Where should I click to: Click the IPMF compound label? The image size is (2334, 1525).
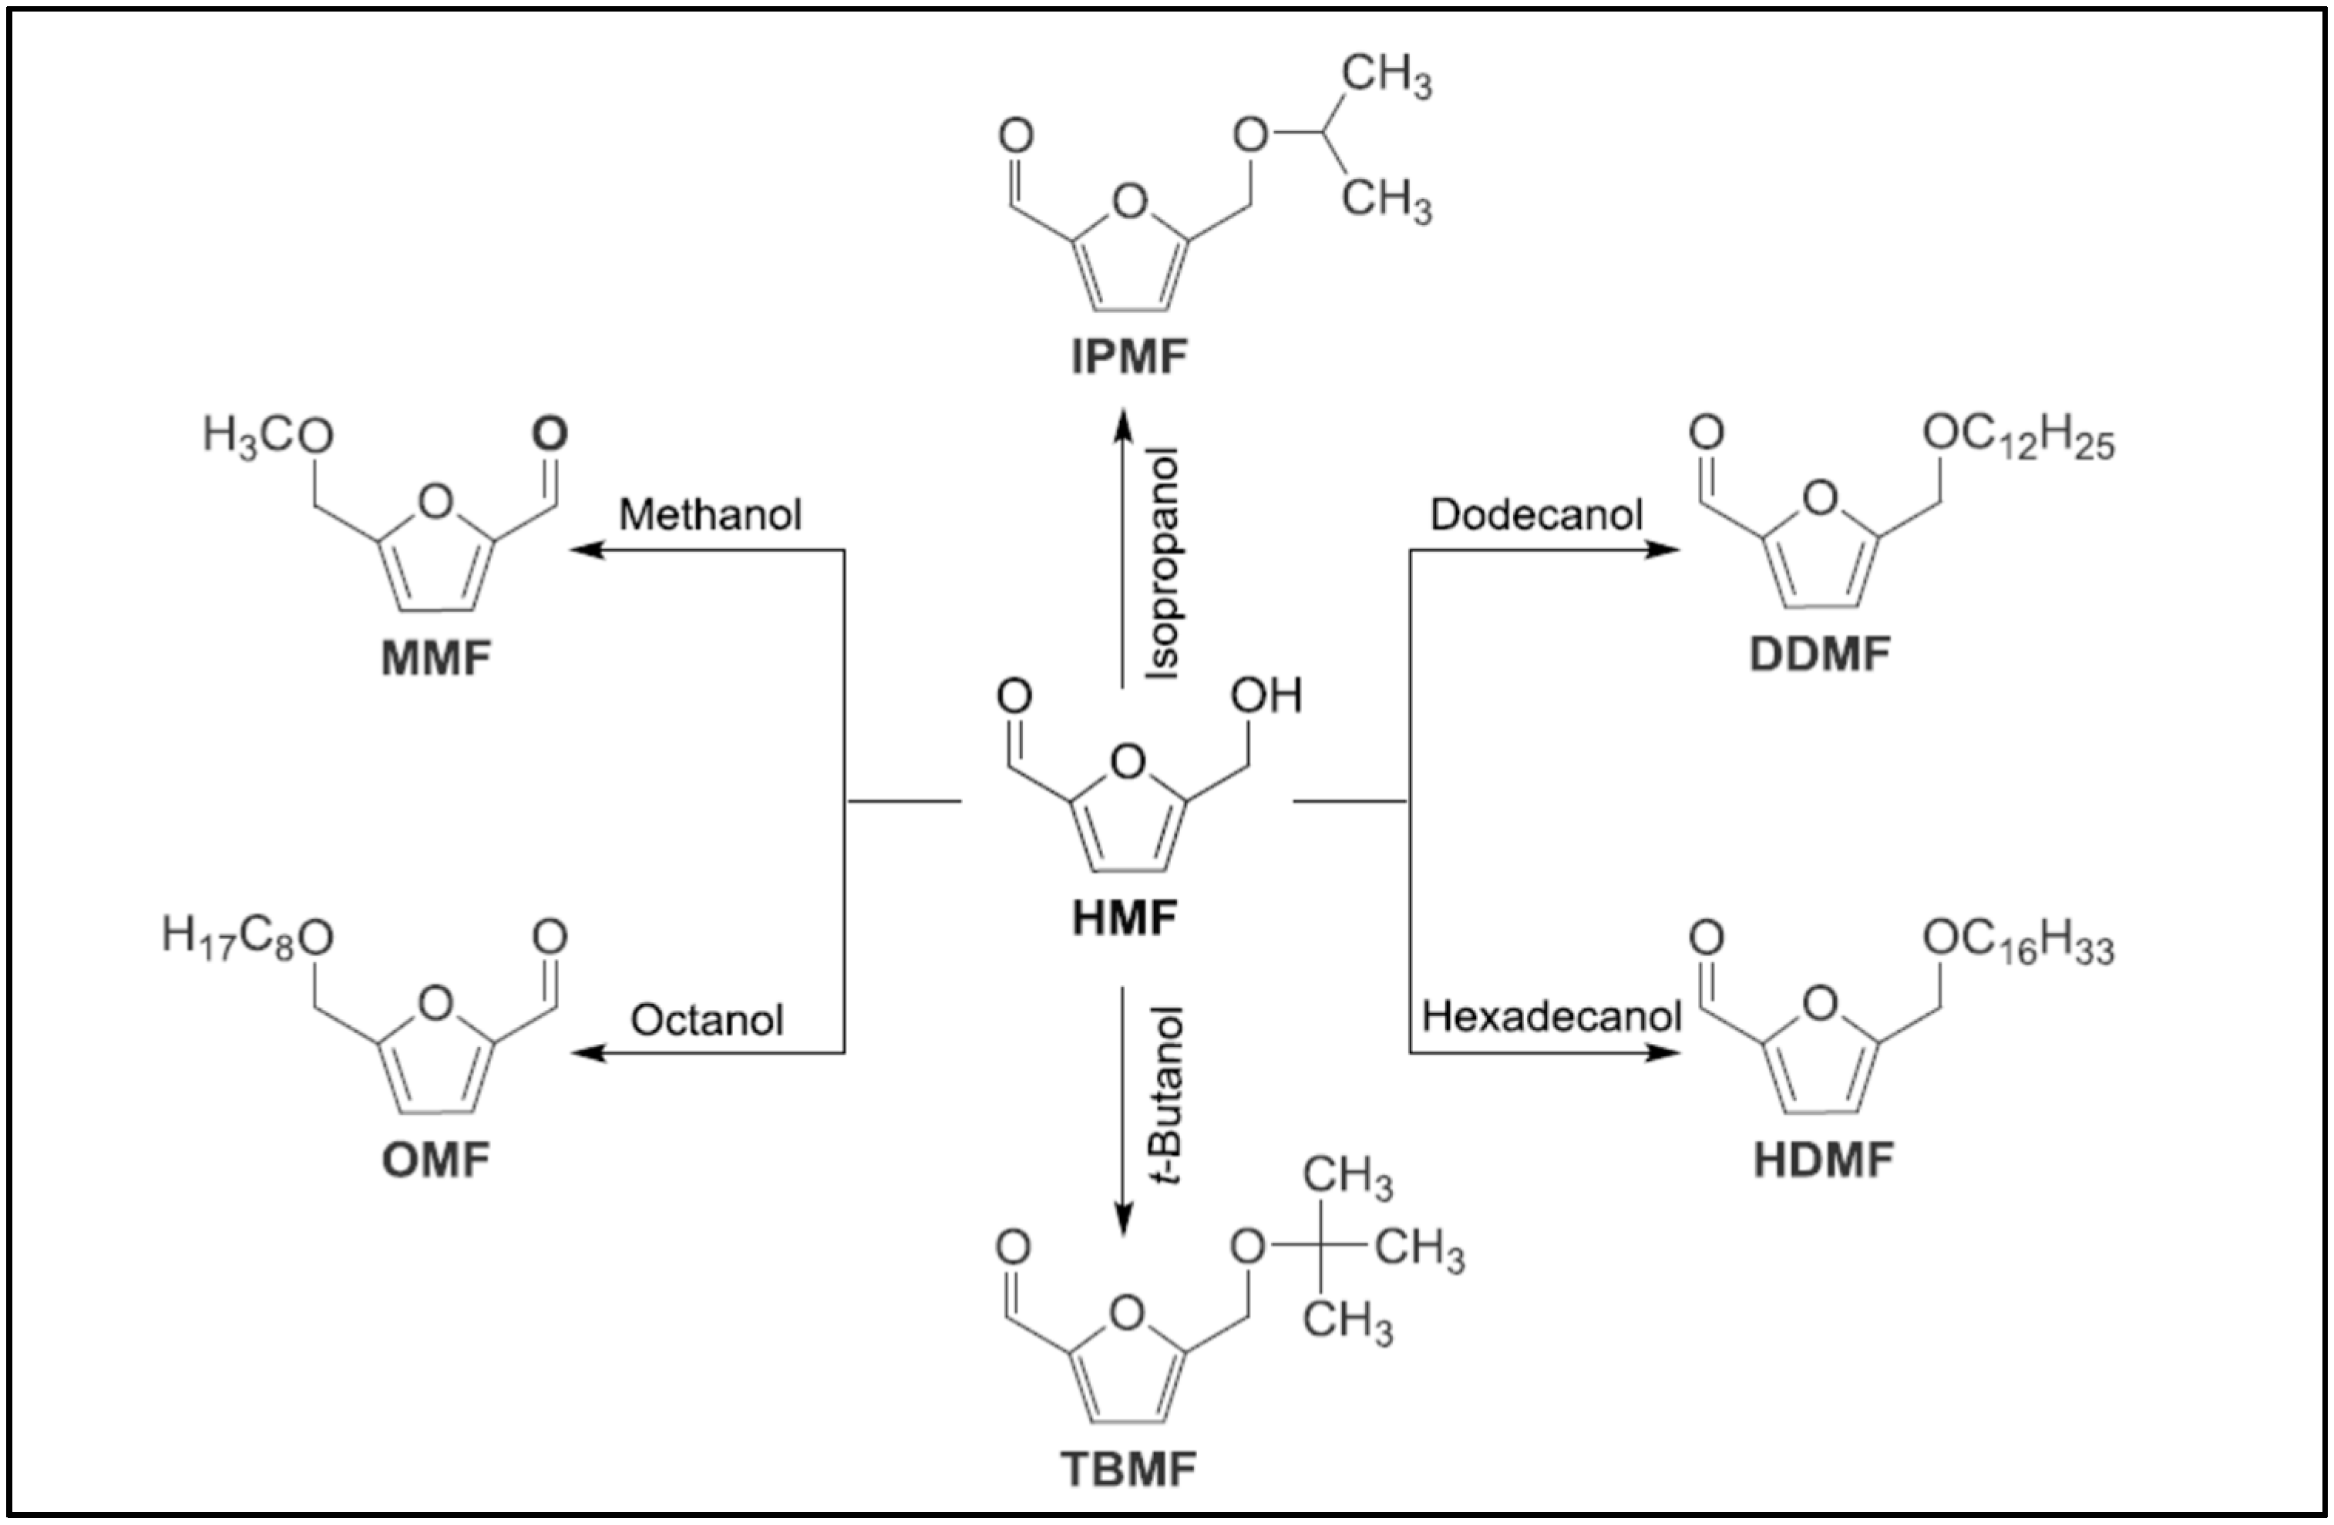pyautogui.click(x=1128, y=357)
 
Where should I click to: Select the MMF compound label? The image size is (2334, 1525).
pyautogui.click(x=436, y=658)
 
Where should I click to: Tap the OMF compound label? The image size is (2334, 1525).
pyautogui.click(x=436, y=1161)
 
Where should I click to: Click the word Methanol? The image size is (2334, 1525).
pyautogui.click(x=710, y=515)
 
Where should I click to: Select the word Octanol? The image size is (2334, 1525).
pyautogui.click(x=706, y=1021)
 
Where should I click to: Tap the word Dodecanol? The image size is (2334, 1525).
pyautogui.click(x=1535, y=515)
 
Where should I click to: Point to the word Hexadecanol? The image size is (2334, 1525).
pyautogui.click(x=1552, y=1017)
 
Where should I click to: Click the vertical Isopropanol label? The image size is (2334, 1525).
pyautogui.click(x=1164, y=564)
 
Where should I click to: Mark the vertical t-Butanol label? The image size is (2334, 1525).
pyautogui.click(x=1167, y=1093)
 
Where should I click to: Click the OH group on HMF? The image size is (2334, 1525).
pyautogui.click(x=1266, y=696)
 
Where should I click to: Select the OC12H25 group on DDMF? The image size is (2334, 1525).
pyautogui.click(x=2018, y=436)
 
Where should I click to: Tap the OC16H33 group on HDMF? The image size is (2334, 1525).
pyautogui.click(x=2018, y=942)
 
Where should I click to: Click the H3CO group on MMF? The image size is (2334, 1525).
pyautogui.click(x=267, y=436)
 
